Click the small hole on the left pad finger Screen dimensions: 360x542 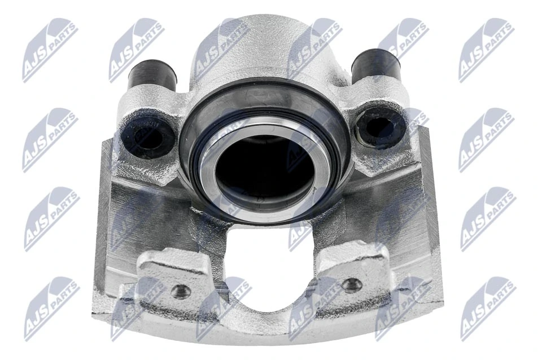(181, 291)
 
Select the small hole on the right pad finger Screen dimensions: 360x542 (352, 284)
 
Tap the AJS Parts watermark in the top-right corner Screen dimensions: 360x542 (486, 50)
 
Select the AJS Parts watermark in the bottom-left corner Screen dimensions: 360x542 (51, 308)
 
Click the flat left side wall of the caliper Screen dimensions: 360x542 (104, 214)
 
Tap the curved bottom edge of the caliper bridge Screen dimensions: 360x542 (265, 339)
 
